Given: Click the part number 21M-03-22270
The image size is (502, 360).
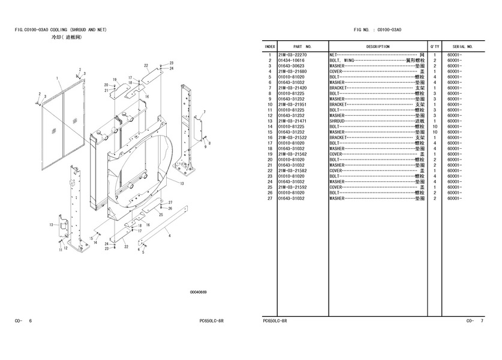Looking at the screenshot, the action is (x=292, y=55).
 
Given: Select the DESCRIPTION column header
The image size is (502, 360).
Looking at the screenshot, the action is (x=378, y=46).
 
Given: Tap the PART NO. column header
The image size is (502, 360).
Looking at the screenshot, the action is (x=302, y=46).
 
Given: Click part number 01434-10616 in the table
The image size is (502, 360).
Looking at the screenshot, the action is (x=291, y=60).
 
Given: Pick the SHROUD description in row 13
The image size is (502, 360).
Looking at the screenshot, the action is (x=337, y=121).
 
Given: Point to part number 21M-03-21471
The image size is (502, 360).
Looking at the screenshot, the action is (x=292, y=121).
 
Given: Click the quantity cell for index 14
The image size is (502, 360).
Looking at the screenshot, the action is (x=435, y=127).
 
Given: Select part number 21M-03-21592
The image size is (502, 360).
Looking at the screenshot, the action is (x=292, y=187).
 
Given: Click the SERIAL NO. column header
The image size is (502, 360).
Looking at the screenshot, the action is (x=462, y=46).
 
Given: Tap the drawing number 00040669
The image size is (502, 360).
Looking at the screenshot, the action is (x=198, y=292).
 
